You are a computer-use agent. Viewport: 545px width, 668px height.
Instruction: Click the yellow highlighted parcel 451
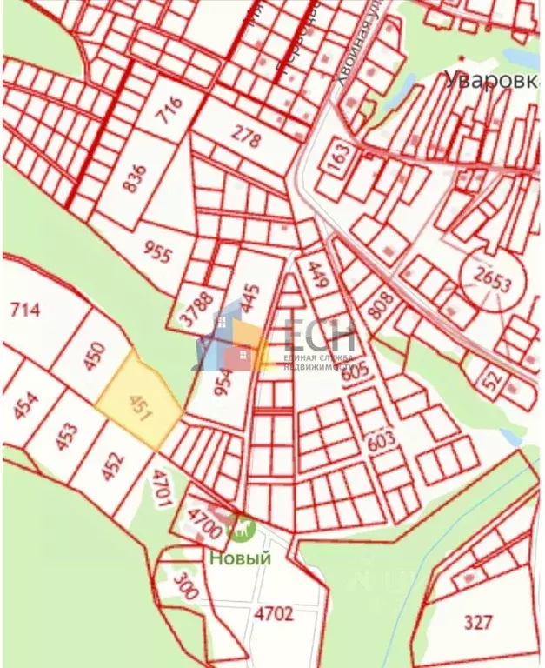click(x=139, y=403)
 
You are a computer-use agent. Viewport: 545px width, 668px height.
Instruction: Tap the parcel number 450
click(x=96, y=357)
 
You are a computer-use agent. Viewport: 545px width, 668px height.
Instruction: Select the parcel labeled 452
click(x=111, y=468)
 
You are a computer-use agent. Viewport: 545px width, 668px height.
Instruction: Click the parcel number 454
click(x=26, y=406)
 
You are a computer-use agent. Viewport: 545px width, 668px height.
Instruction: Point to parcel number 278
click(x=246, y=136)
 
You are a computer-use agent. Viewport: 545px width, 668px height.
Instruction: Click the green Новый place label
click(x=239, y=558)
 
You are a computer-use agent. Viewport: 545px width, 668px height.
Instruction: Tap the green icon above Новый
click(x=239, y=527)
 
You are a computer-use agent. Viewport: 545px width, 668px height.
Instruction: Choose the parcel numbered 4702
click(x=275, y=612)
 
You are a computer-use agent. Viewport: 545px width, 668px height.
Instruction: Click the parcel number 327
click(x=477, y=621)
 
